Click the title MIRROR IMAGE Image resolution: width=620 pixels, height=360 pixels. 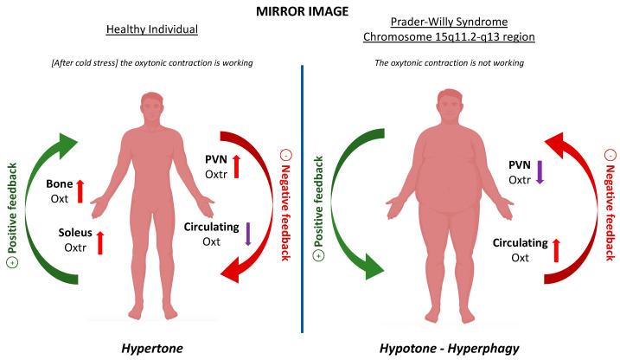point(310,11)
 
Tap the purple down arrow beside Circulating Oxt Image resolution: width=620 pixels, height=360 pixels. point(248,234)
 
